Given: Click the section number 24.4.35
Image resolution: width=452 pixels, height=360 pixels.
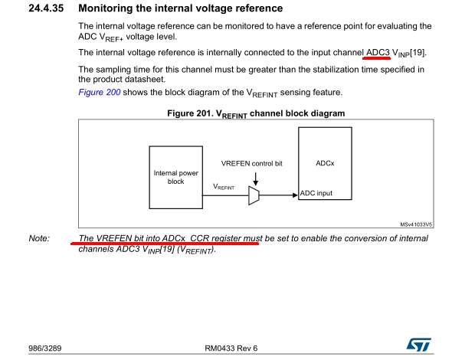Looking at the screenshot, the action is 46,8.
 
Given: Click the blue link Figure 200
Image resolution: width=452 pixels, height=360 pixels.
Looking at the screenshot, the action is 99,92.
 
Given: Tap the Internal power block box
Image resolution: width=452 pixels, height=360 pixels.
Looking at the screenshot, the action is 176,177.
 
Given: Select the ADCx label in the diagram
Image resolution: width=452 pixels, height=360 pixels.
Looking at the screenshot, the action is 325,163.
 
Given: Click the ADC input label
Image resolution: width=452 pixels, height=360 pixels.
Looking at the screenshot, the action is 316,193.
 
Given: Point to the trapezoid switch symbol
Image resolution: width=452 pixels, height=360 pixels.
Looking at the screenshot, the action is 254,195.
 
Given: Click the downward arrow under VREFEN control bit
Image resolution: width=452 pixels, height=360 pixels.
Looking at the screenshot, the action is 255,178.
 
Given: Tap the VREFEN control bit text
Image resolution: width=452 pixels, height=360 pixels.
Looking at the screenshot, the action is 251,163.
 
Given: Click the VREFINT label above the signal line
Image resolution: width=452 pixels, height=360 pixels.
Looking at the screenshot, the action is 224,187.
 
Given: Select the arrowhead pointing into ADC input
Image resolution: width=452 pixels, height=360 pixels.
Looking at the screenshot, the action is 295,195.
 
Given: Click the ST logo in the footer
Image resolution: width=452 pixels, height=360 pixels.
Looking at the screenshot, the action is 419,345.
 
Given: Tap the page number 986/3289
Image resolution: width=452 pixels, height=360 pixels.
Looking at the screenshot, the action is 45,349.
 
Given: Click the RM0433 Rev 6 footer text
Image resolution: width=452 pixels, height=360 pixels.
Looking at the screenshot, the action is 231,349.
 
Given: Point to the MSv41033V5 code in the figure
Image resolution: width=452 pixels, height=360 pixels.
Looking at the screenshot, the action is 416,224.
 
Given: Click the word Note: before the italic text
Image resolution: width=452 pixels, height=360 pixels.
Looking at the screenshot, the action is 39,238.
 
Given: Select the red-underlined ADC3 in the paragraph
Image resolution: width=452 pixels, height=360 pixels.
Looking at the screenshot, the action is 378,52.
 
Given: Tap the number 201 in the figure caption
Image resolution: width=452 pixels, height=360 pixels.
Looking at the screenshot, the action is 205,113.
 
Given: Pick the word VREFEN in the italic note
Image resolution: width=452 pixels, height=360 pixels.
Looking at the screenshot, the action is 114,238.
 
